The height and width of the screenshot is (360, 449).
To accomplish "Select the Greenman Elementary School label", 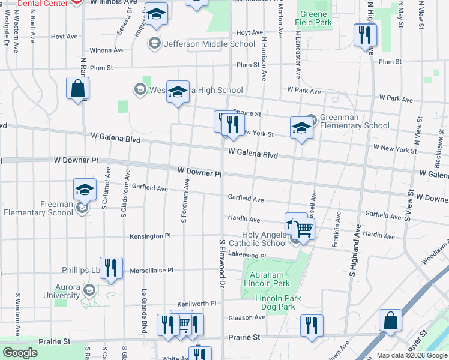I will tap(354, 121).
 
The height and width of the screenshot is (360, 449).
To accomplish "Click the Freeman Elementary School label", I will tap(40, 208).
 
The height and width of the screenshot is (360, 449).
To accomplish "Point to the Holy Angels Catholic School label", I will tap(264, 239).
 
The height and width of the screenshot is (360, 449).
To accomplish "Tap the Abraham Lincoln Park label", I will tap(266, 279).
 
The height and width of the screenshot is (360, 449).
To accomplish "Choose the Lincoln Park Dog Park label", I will tap(275, 302).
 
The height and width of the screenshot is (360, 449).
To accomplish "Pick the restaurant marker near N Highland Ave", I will tap(365, 35).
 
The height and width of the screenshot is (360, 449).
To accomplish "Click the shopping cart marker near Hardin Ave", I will tap(304, 229).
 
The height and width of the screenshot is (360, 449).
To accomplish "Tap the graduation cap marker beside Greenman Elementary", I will tap(301, 127).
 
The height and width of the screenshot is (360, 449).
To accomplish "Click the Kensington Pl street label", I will tap(151, 236).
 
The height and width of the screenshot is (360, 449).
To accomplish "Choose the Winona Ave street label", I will tap(106, 51).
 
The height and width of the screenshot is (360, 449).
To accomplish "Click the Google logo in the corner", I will tap(20, 353).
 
